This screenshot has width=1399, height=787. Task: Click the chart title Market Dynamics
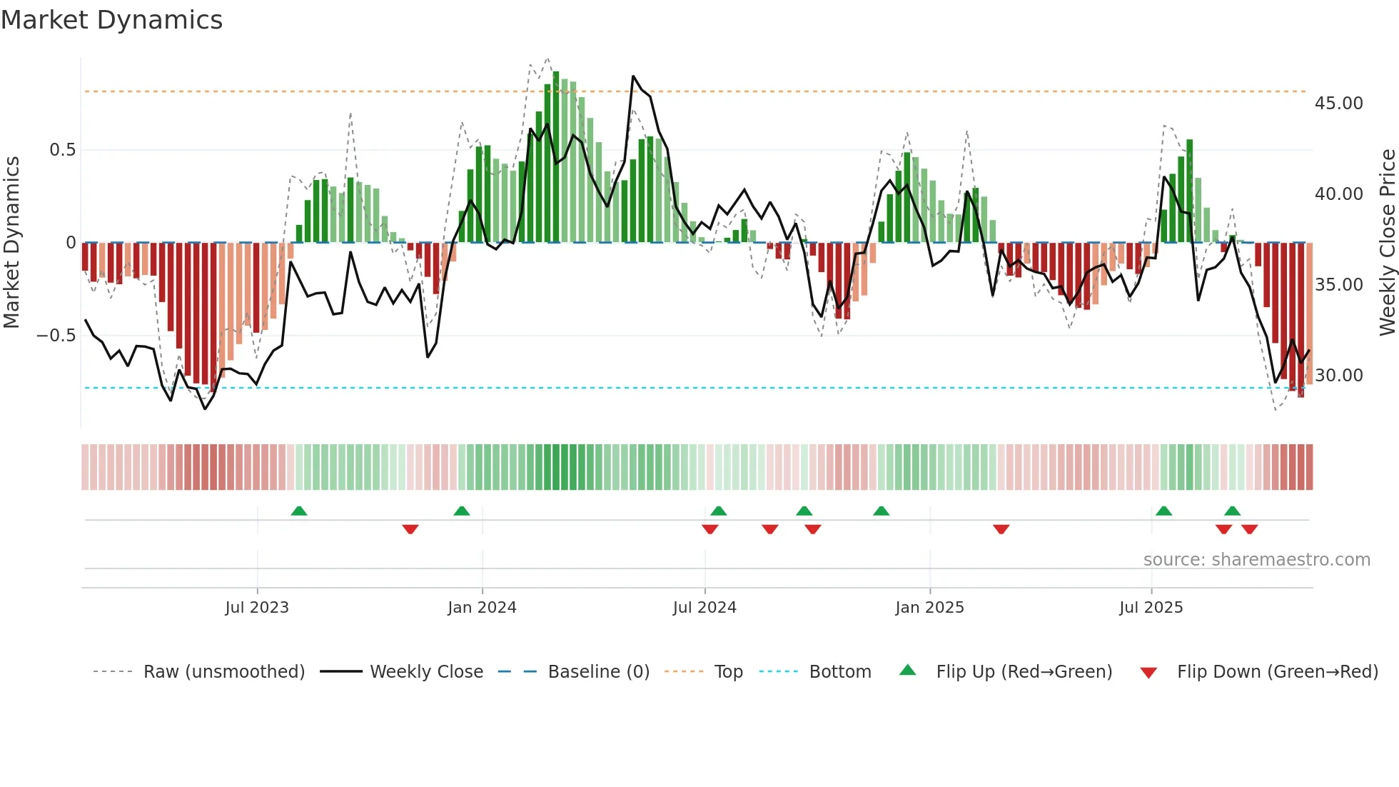tap(111, 20)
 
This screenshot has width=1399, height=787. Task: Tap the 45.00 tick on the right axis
tap(1338, 104)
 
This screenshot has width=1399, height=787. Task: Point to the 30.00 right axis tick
tap(1338, 376)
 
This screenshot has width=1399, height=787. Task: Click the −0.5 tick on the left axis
tap(56, 336)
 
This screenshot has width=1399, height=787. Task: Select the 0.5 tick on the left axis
tap(62, 150)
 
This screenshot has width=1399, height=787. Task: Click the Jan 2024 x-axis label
tap(482, 608)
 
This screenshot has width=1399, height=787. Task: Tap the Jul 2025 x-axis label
tap(1151, 608)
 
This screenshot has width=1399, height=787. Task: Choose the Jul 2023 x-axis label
tap(257, 608)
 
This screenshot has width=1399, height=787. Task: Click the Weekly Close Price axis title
tap(1387, 243)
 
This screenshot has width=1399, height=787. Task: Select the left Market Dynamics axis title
tap(11, 243)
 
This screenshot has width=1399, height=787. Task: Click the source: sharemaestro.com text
tap(1256, 560)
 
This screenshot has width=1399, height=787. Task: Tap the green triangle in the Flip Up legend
tap(907, 670)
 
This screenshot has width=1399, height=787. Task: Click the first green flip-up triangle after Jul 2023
tap(299, 511)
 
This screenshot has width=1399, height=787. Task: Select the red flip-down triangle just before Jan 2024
tap(410, 529)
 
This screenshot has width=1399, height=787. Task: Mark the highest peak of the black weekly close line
tap(633, 76)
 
